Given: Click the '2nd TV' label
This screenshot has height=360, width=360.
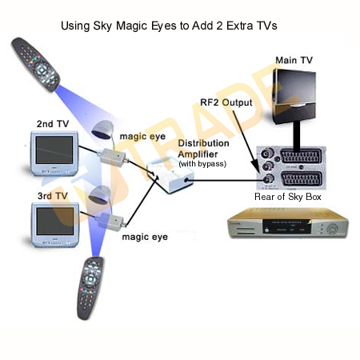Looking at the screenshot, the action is coord(53,124).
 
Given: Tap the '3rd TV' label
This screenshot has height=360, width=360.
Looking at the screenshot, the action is coord(53,196).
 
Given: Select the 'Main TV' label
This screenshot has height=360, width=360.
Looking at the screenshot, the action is coord(294,60).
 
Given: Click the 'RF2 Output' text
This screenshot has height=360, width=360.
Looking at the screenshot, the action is coord(226,102).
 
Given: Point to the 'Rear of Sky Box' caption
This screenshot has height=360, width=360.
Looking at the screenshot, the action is coord(288,197).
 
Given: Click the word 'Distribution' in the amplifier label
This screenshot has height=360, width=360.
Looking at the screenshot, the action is coord(203,143).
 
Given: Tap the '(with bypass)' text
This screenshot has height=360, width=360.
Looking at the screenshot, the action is coord(202,164).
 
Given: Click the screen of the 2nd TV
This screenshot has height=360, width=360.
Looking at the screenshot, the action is coord(54,150).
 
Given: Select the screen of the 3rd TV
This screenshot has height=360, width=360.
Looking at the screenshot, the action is coord(55,222).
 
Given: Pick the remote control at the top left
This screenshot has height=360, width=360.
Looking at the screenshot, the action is coord(35,65).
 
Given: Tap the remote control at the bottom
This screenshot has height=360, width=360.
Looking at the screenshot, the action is coord(90,288).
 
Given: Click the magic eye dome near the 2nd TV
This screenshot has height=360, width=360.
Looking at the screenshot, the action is coord(102,130).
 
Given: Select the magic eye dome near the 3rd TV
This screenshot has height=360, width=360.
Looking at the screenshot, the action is coord(99,195).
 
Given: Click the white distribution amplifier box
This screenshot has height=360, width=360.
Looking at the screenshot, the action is coord(170,174).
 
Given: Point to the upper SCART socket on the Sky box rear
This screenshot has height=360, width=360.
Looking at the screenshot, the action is coord(301,156).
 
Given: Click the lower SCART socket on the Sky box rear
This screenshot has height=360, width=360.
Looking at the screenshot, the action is coord(301,178).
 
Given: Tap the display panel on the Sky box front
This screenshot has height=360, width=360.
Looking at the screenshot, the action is coord(286,226).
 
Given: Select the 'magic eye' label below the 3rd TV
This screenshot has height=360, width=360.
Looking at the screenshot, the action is coord(145,237).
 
